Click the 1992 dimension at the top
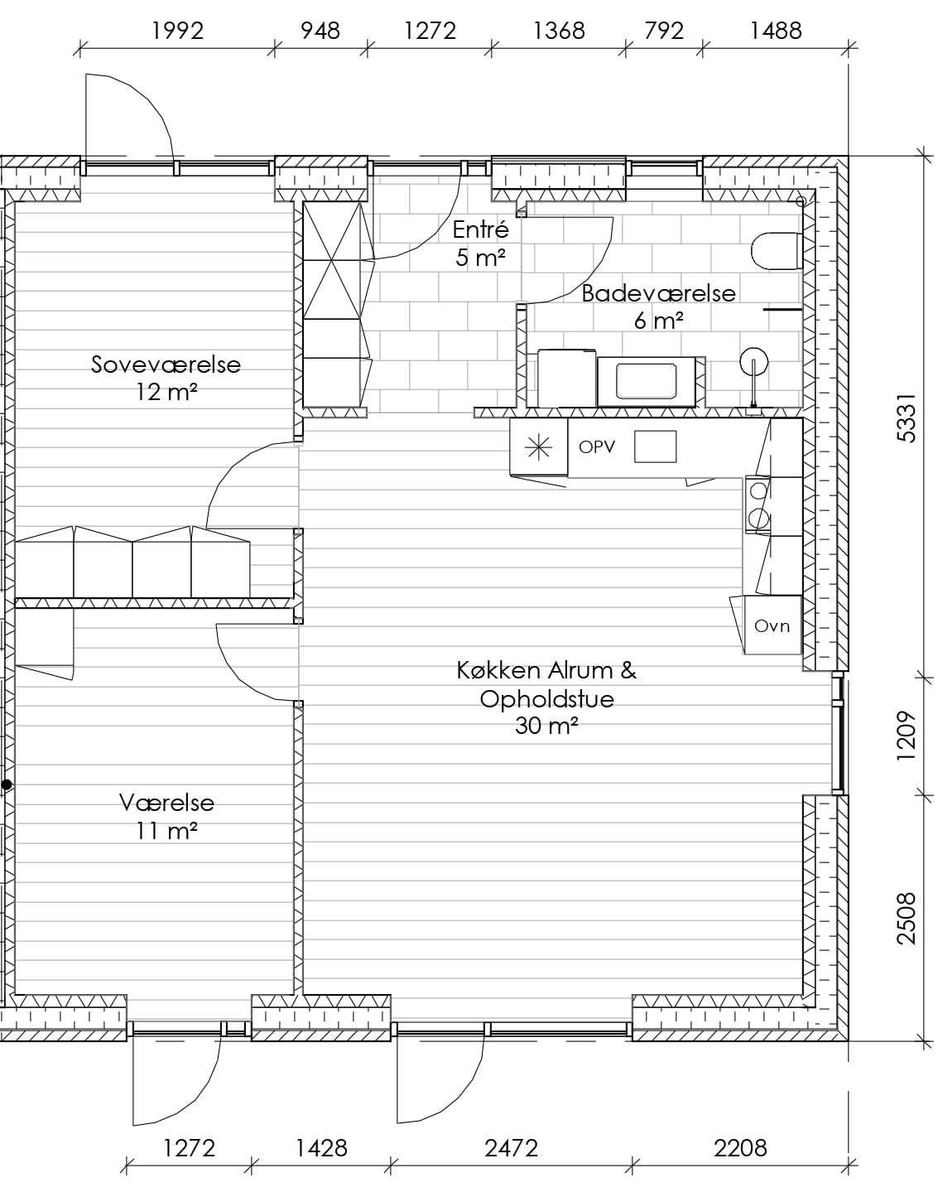point(178,31)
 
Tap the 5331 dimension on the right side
point(907,418)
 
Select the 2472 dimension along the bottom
point(511,1148)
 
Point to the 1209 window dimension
point(907,736)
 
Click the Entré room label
point(480,229)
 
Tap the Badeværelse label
point(658,293)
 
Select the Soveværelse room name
point(166,364)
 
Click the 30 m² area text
point(546,726)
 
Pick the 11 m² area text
point(166,831)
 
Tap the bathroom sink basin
point(647,381)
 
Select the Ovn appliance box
point(772,625)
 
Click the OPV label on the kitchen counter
point(597,446)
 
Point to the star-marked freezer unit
point(539,447)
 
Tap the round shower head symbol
point(753,362)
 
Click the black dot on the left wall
point(7,785)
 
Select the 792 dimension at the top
point(664,31)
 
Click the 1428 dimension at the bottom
point(321,1148)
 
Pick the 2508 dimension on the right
point(907,919)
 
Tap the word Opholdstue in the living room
point(547,699)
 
